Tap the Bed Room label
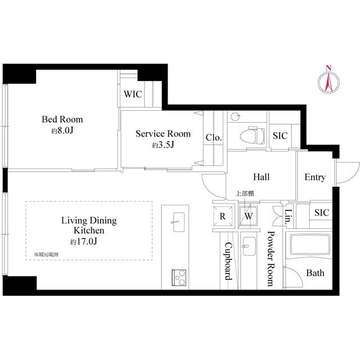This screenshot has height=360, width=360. (62, 119)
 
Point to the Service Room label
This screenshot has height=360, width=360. (163, 134)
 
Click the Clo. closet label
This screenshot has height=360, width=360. (213, 137)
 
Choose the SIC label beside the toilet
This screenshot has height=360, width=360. (280, 136)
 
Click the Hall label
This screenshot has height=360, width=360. (261, 177)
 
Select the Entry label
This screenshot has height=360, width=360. (315, 177)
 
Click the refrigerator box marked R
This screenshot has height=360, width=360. (223, 216)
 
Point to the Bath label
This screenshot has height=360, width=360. (315, 273)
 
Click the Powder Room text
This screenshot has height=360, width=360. (271, 259)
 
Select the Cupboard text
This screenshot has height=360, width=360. (228, 262)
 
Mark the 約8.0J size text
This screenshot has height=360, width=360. (62, 130)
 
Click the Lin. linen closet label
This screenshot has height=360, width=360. (289, 215)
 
